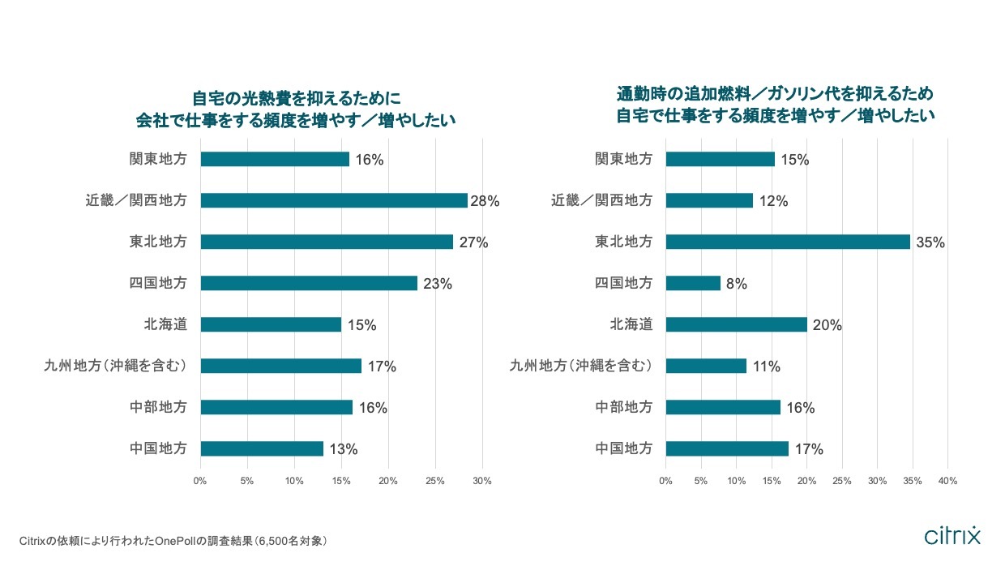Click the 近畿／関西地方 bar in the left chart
(x=333, y=200)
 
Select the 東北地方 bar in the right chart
(x=788, y=242)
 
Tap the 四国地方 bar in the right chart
(x=693, y=283)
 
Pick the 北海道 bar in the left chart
(x=271, y=324)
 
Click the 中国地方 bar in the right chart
(x=727, y=448)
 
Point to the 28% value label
(x=485, y=201)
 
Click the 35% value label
(x=930, y=242)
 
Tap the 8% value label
(x=736, y=284)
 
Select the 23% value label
(x=437, y=284)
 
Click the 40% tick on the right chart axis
(x=947, y=481)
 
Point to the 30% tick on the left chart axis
(x=482, y=481)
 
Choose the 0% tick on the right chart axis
(x=665, y=481)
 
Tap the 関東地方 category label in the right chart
(x=623, y=159)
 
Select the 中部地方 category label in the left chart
(x=158, y=407)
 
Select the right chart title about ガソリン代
(x=775, y=104)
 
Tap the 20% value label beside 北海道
(x=828, y=325)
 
